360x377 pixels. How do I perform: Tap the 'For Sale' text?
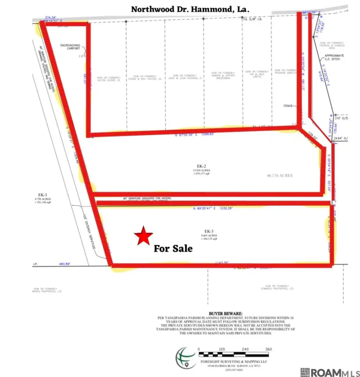173,249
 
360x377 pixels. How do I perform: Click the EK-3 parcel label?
208,231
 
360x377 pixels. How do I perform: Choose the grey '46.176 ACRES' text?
280,175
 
